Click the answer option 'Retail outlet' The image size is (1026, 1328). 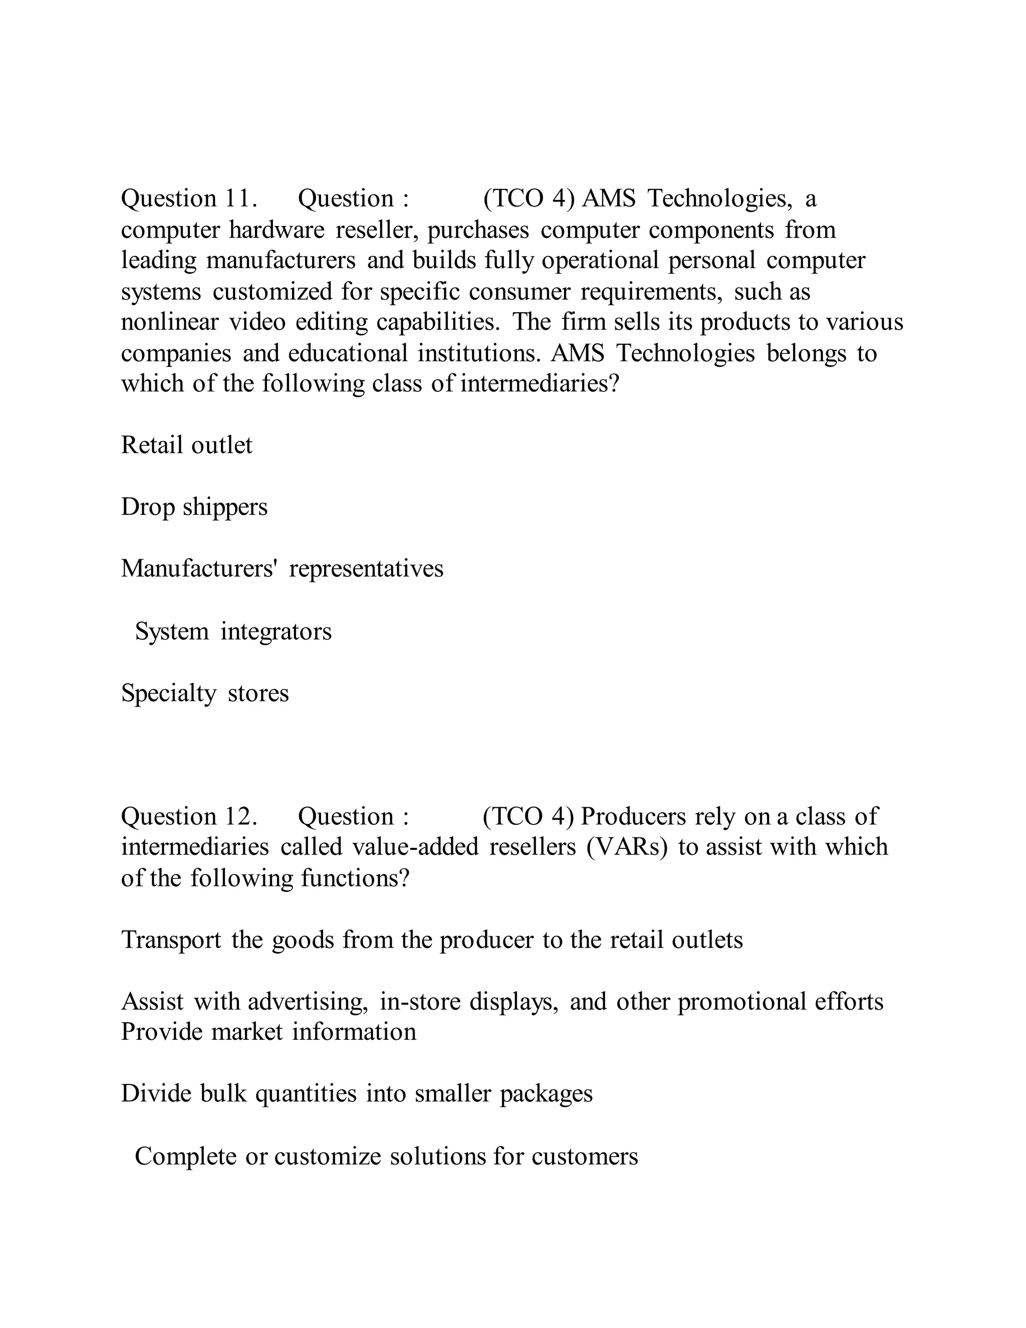(x=186, y=445)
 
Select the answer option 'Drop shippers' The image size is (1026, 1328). (x=194, y=507)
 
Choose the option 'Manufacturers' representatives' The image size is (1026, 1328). (x=282, y=569)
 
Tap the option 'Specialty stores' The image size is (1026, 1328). (x=205, y=693)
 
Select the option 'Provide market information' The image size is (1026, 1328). (x=268, y=1032)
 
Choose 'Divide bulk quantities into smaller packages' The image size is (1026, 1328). (x=357, y=1093)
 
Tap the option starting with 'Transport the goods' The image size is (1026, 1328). (x=431, y=940)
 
